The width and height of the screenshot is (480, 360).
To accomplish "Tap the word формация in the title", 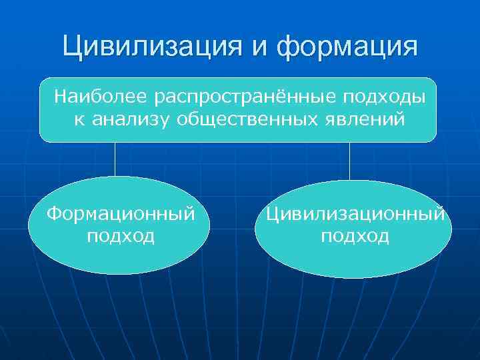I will pos(347,47).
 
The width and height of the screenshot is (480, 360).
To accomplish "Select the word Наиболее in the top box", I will pos(102,97).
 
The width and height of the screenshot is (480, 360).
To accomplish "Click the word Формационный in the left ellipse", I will pos(121,214).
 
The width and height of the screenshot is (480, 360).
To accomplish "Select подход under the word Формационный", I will pos(121,236).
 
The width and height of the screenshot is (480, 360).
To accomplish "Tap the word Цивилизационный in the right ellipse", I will pos(355,214).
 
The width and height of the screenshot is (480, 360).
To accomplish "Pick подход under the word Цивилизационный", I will pos(355,236).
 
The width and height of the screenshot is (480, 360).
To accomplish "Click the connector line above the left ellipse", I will pos(115,159).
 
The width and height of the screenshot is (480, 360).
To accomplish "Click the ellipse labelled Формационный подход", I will pos(121,257).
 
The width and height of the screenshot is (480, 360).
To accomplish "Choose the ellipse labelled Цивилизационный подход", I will pos(353,260).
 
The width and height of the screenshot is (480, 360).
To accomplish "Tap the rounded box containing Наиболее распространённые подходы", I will pos(237,133).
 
